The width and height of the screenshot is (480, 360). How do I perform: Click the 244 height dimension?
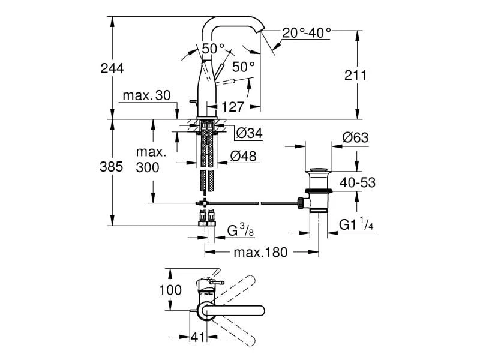click(112, 68)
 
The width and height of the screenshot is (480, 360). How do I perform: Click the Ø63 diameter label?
click(355, 138)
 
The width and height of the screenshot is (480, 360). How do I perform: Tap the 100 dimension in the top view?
click(171, 290)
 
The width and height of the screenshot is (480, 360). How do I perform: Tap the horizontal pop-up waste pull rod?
click(252, 203)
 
